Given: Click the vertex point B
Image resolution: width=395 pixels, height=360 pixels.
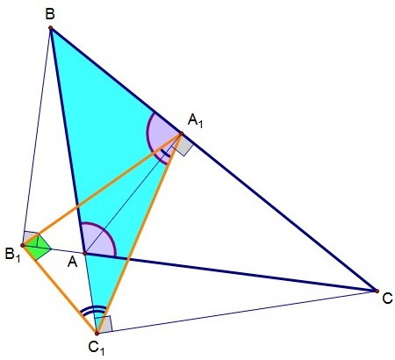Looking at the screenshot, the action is (x=51, y=28).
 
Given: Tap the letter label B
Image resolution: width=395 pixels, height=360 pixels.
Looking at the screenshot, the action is (x=50, y=14).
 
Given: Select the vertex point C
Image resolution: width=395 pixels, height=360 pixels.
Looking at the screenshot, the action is (x=377, y=291).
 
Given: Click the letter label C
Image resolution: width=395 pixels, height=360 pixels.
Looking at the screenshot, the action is (x=387, y=299).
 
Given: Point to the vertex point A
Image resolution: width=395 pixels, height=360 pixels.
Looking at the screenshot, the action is (x=84, y=254).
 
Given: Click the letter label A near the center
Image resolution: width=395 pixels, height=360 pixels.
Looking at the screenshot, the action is (x=72, y=263).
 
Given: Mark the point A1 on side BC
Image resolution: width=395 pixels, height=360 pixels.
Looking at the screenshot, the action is (x=181, y=133).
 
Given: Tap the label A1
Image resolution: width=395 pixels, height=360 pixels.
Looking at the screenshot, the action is (x=195, y=120).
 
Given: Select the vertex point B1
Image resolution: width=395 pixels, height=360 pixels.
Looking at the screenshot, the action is (x=23, y=245).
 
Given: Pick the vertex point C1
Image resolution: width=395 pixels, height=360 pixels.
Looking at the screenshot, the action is (x=97, y=334).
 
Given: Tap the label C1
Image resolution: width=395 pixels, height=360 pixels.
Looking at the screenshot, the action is (x=97, y=348).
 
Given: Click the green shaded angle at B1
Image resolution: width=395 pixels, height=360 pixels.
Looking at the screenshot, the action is (x=38, y=247).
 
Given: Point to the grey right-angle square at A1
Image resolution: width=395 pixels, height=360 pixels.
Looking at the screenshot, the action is (x=183, y=146).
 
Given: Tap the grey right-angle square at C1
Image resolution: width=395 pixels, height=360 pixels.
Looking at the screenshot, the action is (x=104, y=325).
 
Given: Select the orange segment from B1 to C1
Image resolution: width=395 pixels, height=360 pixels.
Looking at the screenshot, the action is (x=60, y=290).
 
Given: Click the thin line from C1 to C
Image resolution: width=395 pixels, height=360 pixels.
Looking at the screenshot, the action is (x=237, y=312).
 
